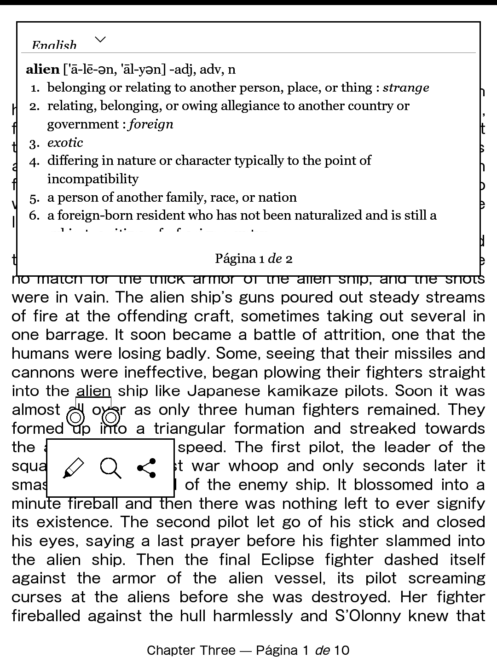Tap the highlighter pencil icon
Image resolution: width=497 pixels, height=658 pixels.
[73, 468]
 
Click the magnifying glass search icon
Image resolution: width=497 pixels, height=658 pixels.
[110, 468]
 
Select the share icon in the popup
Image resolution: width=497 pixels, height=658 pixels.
[147, 468]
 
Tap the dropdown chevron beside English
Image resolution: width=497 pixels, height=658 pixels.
[100, 40]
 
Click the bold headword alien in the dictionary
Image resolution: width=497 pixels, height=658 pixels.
[43, 70]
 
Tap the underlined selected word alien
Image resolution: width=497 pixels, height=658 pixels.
[93, 391]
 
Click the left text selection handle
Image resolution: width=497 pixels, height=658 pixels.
[75, 418]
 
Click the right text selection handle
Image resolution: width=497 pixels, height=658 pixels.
[111, 418]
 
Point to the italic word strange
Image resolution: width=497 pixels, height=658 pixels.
[406, 87]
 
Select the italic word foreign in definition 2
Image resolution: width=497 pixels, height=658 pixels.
[151, 124]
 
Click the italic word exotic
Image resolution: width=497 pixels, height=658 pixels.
[65, 143]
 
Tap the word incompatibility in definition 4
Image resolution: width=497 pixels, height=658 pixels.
[93, 179]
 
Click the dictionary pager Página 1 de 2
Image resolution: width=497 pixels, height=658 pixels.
[254, 259]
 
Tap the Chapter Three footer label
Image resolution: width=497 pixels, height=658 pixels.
[191, 650]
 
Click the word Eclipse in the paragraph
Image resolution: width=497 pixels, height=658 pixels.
[288, 559]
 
